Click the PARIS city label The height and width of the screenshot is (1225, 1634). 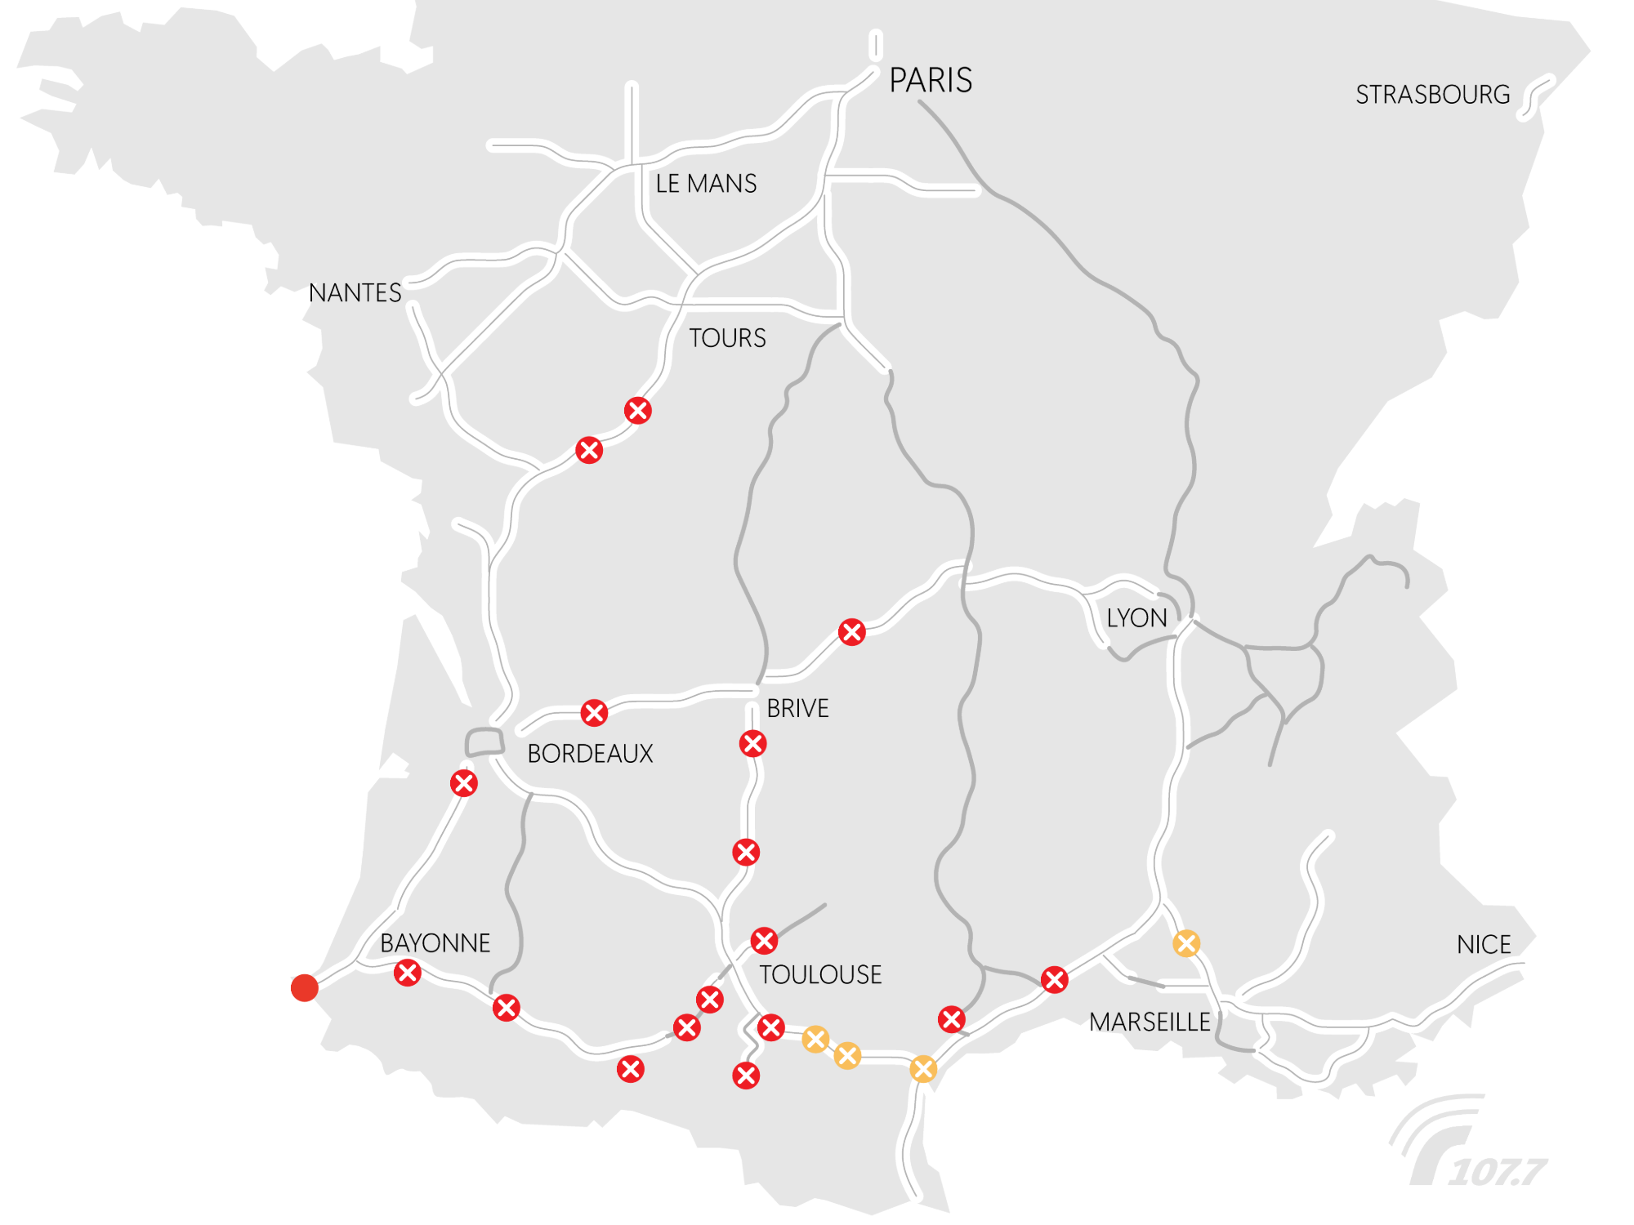pos(931,81)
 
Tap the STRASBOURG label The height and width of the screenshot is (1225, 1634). pos(1432,95)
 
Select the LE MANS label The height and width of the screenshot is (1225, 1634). pos(706,184)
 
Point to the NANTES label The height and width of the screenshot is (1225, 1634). pos(355,293)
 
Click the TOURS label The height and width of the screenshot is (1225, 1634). pos(727,338)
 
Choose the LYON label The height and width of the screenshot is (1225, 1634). pos(1136,618)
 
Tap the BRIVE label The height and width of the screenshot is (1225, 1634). pos(797,708)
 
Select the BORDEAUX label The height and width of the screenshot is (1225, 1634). pos(590,754)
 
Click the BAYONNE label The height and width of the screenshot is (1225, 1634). pos(435,943)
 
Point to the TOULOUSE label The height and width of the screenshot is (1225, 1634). pos(820,975)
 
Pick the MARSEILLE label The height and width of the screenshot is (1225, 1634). pos(1150,1022)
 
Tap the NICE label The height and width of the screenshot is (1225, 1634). pos(1484,945)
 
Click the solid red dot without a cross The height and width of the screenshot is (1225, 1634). pos(305,987)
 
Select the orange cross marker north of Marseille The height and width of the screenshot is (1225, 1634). pos(1186,943)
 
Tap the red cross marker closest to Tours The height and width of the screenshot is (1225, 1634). pos(638,410)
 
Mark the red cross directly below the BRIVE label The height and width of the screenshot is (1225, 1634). pos(752,744)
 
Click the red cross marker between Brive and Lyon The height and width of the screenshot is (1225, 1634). pos(852,632)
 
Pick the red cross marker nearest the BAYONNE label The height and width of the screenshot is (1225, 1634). pos(408,973)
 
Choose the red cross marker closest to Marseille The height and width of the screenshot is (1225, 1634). pos(1055,979)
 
